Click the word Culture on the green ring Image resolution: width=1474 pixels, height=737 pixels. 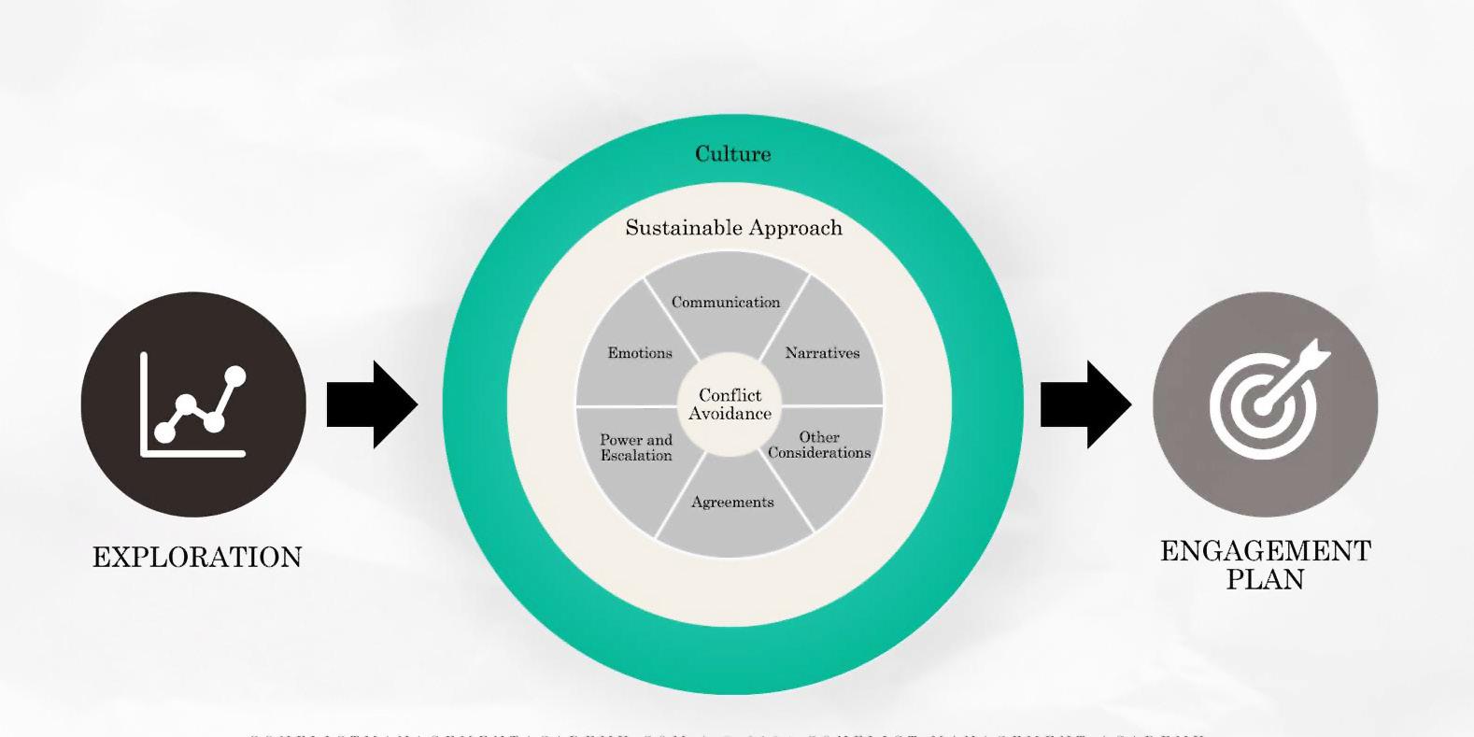[732, 154]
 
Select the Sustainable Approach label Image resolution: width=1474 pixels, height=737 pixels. [733, 228]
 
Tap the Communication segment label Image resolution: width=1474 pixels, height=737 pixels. [725, 303]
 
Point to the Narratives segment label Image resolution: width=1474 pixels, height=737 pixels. [822, 353]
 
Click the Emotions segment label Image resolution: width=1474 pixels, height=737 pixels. [640, 353]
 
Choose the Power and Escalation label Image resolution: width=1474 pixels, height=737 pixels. [636, 447]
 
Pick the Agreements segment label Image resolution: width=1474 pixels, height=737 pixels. [732, 503]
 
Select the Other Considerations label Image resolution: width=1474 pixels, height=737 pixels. [819, 445]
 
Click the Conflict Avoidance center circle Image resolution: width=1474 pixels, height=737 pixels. [730, 404]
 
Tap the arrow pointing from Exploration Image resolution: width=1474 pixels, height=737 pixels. [372, 404]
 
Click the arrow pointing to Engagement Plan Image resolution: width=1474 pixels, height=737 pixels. [1085, 404]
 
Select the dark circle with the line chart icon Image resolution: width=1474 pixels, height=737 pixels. [193, 404]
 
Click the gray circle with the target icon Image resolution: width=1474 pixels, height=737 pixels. [1265, 404]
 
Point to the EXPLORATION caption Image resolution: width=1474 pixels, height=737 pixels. [197, 558]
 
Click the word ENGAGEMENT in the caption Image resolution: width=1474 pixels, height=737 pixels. [1265, 551]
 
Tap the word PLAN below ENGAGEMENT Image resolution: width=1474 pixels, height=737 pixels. [1265, 579]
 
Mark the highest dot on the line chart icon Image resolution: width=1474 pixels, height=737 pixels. [235, 376]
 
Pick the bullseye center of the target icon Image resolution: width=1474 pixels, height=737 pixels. [1262, 408]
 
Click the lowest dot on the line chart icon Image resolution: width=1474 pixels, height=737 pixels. [164, 432]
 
